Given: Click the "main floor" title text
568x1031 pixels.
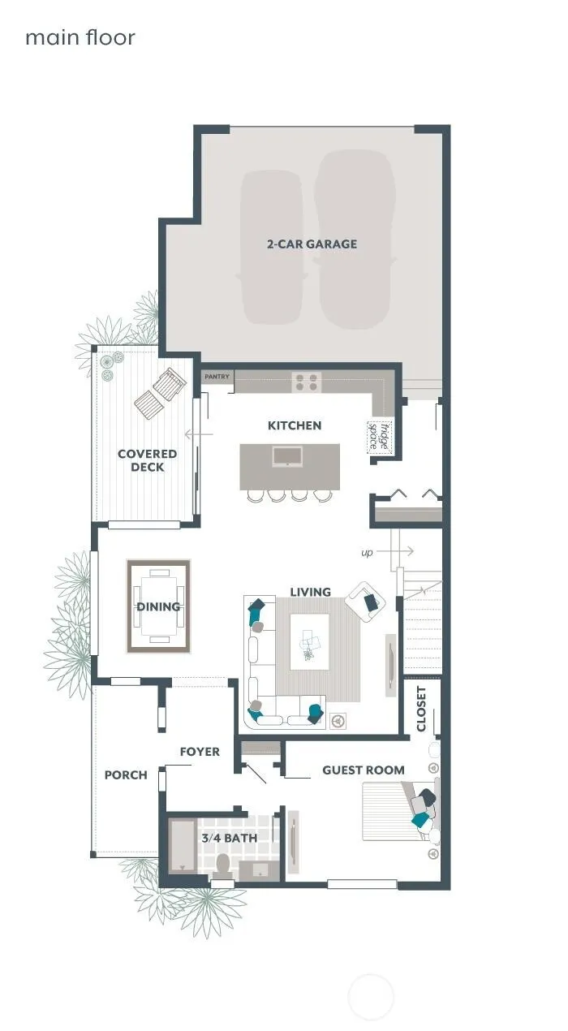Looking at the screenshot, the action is (x=80, y=37).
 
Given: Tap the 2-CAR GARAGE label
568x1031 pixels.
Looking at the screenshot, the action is (x=312, y=244).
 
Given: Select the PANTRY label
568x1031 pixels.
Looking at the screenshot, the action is (x=217, y=377).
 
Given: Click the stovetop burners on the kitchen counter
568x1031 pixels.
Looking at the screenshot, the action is (x=306, y=382).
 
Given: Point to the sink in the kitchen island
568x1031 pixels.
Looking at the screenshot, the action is (x=287, y=456).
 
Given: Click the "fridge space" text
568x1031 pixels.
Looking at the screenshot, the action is (x=380, y=437).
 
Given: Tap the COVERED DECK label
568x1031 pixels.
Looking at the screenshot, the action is (x=147, y=460).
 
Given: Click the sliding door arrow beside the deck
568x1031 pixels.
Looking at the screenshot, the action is (x=199, y=434).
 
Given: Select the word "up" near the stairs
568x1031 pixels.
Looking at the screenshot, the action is (x=367, y=552).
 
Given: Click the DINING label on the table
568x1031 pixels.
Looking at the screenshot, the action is (x=158, y=606).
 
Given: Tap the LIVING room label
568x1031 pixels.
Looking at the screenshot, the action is (x=311, y=592).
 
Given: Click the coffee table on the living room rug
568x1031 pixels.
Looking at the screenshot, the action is (x=309, y=641).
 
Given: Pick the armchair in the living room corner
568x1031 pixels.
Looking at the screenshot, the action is (x=365, y=601).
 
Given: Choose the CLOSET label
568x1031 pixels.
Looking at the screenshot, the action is (x=421, y=709).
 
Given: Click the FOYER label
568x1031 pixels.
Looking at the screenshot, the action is (x=200, y=752).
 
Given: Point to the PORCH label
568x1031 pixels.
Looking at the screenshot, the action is (x=126, y=775).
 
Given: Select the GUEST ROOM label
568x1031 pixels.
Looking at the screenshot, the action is (x=364, y=770).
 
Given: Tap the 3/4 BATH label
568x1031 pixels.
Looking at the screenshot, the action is (x=230, y=838).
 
